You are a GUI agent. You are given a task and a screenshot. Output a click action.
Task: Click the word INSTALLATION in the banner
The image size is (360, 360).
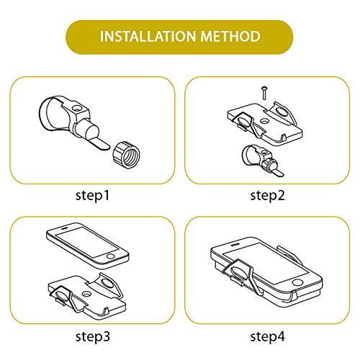[x=148, y=37]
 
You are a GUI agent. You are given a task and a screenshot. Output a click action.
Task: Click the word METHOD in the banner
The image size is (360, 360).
[x=230, y=37]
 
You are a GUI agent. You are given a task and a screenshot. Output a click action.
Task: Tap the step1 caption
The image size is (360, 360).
[x=92, y=196]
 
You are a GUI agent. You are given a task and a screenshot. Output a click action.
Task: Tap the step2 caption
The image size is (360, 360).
[x=267, y=196]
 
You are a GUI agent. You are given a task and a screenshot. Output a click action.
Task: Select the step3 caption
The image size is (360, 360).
[x=93, y=336]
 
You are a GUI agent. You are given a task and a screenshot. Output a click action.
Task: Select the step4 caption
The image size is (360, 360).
[x=268, y=336]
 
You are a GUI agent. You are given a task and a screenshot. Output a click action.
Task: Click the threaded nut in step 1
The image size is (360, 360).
[x=126, y=155]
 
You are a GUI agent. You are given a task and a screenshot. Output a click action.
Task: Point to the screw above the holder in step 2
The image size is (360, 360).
[x=264, y=93]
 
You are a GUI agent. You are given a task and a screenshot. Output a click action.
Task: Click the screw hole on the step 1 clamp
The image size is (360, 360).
[x=78, y=109]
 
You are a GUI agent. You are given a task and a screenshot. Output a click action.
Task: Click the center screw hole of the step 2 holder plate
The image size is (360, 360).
[x=264, y=121]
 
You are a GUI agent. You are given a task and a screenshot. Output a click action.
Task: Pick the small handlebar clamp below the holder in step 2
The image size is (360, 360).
[x=261, y=160]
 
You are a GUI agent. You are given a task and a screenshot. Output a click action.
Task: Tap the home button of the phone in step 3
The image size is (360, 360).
[x=111, y=256]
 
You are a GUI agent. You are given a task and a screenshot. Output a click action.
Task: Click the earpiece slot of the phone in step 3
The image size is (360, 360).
[x=63, y=228]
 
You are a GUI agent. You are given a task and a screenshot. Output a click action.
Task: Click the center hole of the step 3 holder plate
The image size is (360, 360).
[x=86, y=294]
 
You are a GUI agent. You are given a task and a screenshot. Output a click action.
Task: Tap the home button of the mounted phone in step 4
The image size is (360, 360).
[x=297, y=282]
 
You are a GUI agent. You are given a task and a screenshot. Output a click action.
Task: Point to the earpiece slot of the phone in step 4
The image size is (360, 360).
[x=235, y=245]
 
